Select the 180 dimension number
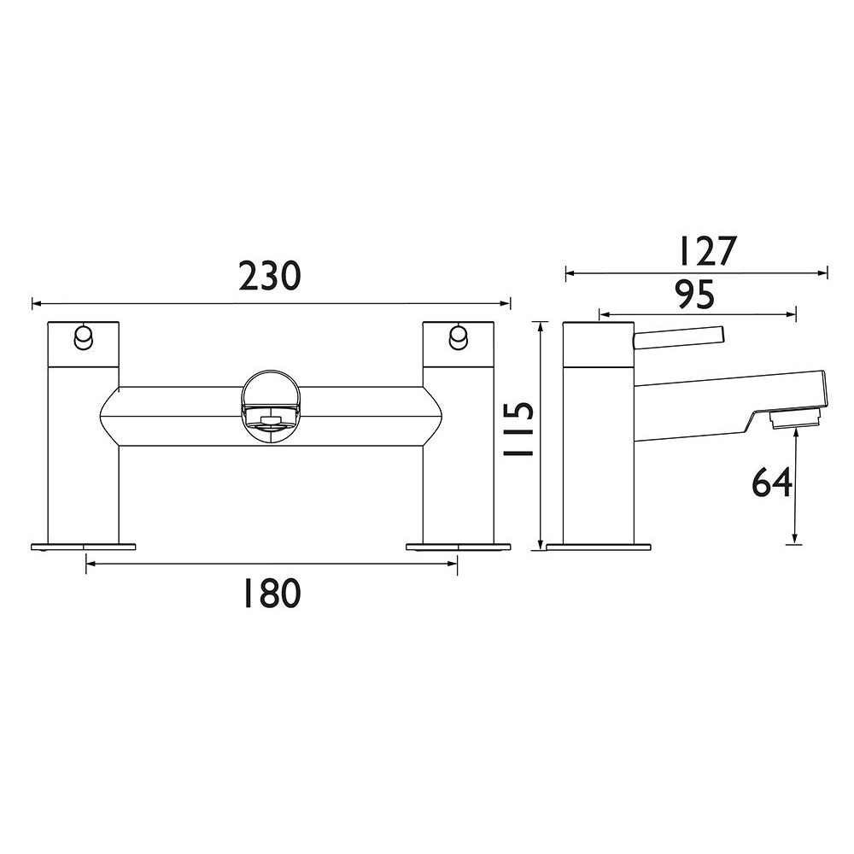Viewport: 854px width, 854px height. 269,593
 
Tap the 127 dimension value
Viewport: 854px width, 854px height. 705,252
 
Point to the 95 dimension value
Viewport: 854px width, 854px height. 694,295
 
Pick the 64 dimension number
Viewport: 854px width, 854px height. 771,483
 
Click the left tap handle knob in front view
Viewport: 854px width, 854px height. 83,337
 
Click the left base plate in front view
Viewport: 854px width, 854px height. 84,545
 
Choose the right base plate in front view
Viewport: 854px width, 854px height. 459,545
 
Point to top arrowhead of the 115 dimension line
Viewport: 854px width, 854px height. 541,325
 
